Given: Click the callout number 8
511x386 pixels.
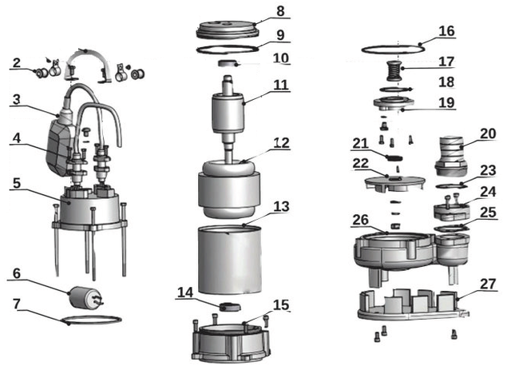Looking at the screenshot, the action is pyautogui.click(x=280, y=10).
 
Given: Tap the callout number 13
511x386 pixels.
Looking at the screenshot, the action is pyautogui.click(x=281, y=206).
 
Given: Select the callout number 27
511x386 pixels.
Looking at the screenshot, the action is pyautogui.click(x=488, y=284).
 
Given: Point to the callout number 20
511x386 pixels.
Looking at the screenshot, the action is pyautogui.click(x=488, y=133).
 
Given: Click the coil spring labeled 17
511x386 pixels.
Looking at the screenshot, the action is pyautogui.click(x=395, y=71).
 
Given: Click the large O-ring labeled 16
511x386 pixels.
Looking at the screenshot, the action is pyautogui.click(x=393, y=50).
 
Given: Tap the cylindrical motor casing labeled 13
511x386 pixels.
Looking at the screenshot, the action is pyautogui.click(x=230, y=260).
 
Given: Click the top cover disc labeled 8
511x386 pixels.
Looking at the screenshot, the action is pyautogui.click(x=228, y=29).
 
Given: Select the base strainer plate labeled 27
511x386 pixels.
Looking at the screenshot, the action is pyautogui.click(x=414, y=305).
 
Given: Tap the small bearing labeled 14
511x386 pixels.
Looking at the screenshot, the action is pyautogui.click(x=230, y=307).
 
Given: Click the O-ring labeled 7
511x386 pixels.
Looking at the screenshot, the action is pyautogui.click(x=91, y=319).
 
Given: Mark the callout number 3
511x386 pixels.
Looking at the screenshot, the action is pyautogui.click(x=16, y=100).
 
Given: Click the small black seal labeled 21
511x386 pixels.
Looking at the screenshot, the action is pyautogui.click(x=394, y=158).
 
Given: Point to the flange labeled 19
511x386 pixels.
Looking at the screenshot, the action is pyautogui.click(x=394, y=104).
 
